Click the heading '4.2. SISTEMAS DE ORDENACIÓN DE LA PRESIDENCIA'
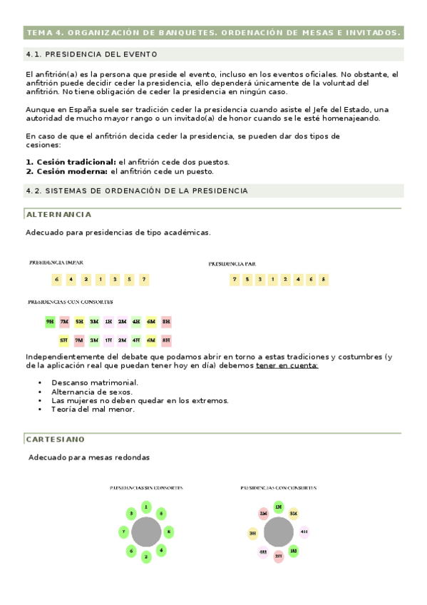click(x=137, y=191)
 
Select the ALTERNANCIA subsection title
click(x=58, y=214)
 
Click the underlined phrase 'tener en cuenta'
click(x=287, y=366)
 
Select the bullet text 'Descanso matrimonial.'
click(x=95, y=383)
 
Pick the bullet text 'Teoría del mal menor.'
click(x=93, y=410)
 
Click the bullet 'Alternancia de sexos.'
click(x=92, y=392)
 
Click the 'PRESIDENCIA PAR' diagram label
click(x=232, y=264)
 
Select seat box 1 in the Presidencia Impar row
click(x=101, y=280)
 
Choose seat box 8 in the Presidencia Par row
click(x=324, y=280)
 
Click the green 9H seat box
click(x=50, y=322)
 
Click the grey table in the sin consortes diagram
click(x=146, y=532)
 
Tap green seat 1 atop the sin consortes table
click(x=146, y=507)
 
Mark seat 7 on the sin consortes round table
click(x=123, y=532)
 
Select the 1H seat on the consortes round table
click(x=279, y=507)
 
